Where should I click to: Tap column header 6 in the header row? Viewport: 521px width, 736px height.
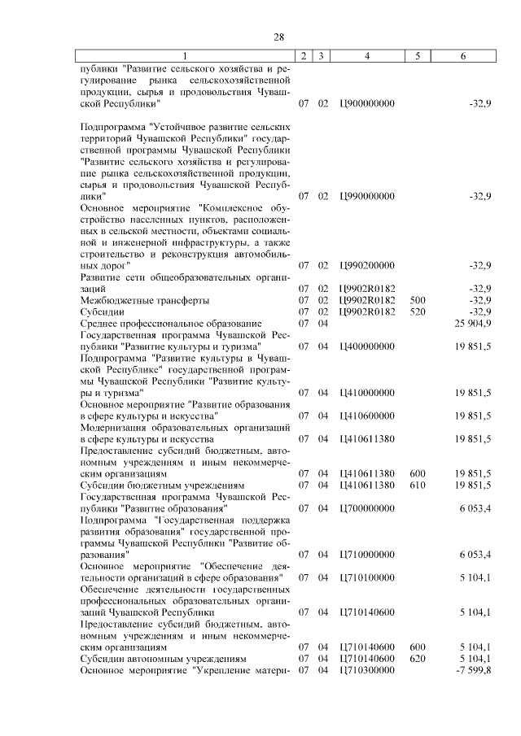click(x=463, y=56)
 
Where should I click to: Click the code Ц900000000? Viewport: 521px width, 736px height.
click(x=367, y=105)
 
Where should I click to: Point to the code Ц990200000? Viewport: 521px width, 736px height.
click(x=367, y=266)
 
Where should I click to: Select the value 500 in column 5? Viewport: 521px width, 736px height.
click(x=418, y=300)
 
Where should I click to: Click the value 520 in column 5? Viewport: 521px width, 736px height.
click(x=418, y=311)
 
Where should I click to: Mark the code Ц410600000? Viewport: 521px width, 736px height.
click(x=367, y=416)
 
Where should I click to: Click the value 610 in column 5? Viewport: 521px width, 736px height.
click(x=418, y=485)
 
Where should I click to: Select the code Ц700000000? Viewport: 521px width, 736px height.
click(x=367, y=507)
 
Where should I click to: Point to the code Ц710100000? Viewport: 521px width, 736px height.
click(x=367, y=577)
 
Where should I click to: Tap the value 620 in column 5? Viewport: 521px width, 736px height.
click(x=418, y=658)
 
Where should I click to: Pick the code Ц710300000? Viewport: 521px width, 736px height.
click(x=367, y=670)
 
